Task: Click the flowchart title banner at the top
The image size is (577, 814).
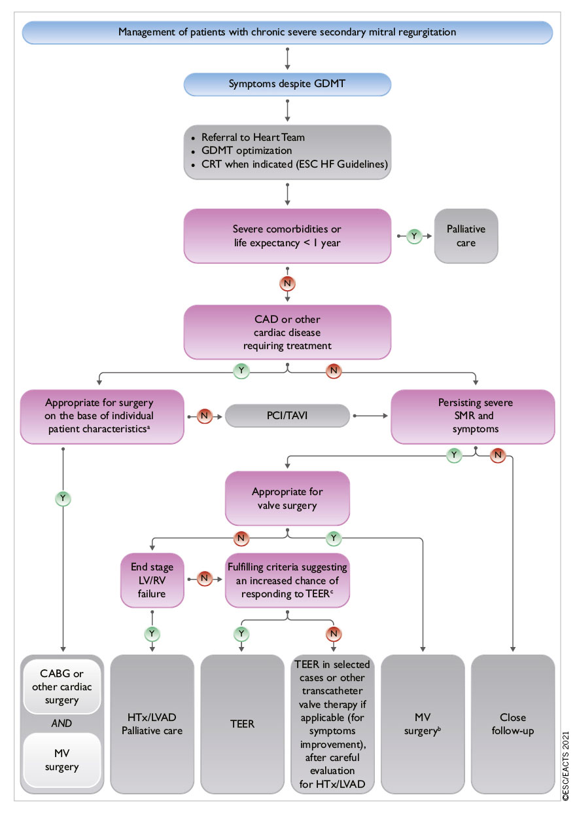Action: point(287,32)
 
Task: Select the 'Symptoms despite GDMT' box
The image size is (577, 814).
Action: point(287,84)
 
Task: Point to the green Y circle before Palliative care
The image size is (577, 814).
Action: point(413,235)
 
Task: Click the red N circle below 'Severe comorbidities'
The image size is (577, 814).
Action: point(287,284)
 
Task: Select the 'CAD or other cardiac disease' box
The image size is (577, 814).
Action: point(287,332)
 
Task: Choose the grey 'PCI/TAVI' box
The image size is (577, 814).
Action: point(287,416)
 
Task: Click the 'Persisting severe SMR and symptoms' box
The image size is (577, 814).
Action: point(472,416)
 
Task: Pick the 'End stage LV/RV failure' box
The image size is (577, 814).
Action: point(152,578)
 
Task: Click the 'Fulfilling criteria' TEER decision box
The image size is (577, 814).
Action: point(287,578)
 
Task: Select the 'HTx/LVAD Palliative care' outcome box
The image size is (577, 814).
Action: point(152,724)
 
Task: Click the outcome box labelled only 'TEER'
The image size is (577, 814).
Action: point(242,724)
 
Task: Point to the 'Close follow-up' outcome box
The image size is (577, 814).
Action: point(513,724)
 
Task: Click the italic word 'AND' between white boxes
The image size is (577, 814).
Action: point(62,724)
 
